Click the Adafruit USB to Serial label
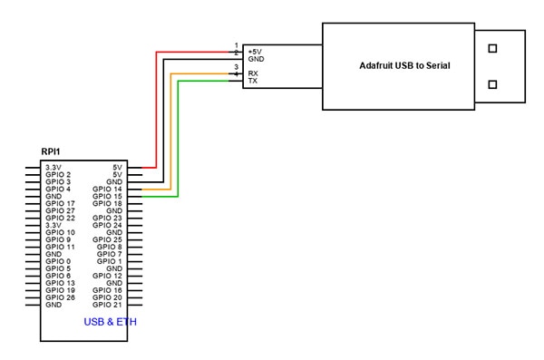(x=404, y=65)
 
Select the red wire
(x=156, y=109)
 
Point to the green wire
(x=178, y=136)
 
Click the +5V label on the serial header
(x=257, y=51)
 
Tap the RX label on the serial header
(x=254, y=73)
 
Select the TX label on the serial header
(x=254, y=82)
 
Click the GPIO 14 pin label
(x=107, y=189)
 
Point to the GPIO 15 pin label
(x=107, y=196)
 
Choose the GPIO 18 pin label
(x=107, y=203)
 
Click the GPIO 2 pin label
(x=58, y=174)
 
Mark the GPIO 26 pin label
(x=60, y=297)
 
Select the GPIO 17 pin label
(x=60, y=203)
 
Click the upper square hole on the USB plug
(x=492, y=46)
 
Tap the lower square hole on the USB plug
(x=492, y=85)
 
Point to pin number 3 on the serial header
(x=237, y=67)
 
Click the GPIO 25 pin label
(x=107, y=239)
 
